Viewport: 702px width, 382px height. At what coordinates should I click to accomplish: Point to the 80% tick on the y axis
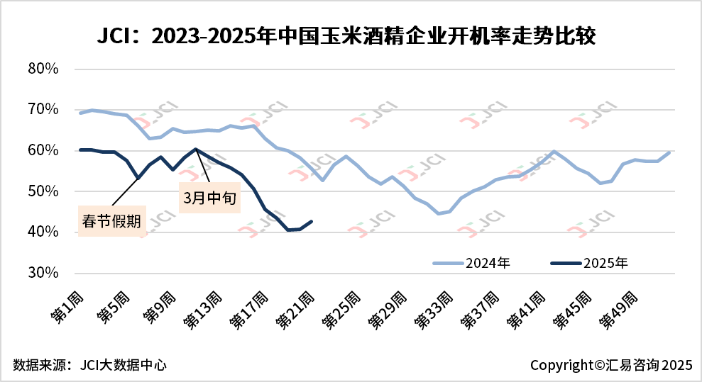(x=43, y=69)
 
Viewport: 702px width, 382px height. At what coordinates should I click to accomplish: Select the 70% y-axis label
(x=43, y=109)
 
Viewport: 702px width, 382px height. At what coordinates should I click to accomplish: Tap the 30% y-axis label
(x=43, y=273)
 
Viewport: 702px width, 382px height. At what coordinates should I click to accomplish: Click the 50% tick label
(x=43, y=191)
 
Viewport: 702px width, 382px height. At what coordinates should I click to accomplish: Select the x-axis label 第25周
(x=341, y=311)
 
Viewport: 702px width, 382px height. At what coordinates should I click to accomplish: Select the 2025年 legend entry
(x=589, y=263)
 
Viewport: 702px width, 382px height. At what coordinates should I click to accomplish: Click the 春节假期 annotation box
(x=110, y=221)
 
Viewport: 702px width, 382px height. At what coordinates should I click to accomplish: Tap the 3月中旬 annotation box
(x=209, y=198)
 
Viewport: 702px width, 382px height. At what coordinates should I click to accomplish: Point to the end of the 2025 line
(x=312, y=221)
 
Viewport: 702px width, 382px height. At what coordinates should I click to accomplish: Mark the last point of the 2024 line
(x=669, y=152)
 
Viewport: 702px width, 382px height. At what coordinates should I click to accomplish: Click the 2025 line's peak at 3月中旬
(x=196, y=149)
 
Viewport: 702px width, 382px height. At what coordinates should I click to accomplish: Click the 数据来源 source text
(x=89, y=365)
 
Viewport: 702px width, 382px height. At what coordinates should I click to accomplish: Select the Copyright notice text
(x=610, y=365)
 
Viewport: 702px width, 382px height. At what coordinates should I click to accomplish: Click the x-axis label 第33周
(x=434, y=311)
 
